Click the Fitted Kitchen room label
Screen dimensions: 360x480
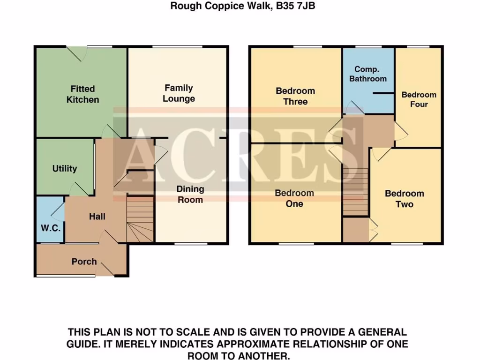82,94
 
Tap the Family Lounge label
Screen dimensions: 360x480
179,93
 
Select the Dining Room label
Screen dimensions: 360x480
190,194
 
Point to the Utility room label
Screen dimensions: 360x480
65,169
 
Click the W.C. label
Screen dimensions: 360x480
49,229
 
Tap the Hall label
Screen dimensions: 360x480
97,217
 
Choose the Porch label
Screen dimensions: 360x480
84,262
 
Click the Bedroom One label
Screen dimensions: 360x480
294,198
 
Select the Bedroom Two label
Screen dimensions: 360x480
405,199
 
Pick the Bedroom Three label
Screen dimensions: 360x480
295,96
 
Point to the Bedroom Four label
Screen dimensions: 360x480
419,99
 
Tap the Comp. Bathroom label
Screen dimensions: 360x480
368,74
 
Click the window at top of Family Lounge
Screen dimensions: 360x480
178,46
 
